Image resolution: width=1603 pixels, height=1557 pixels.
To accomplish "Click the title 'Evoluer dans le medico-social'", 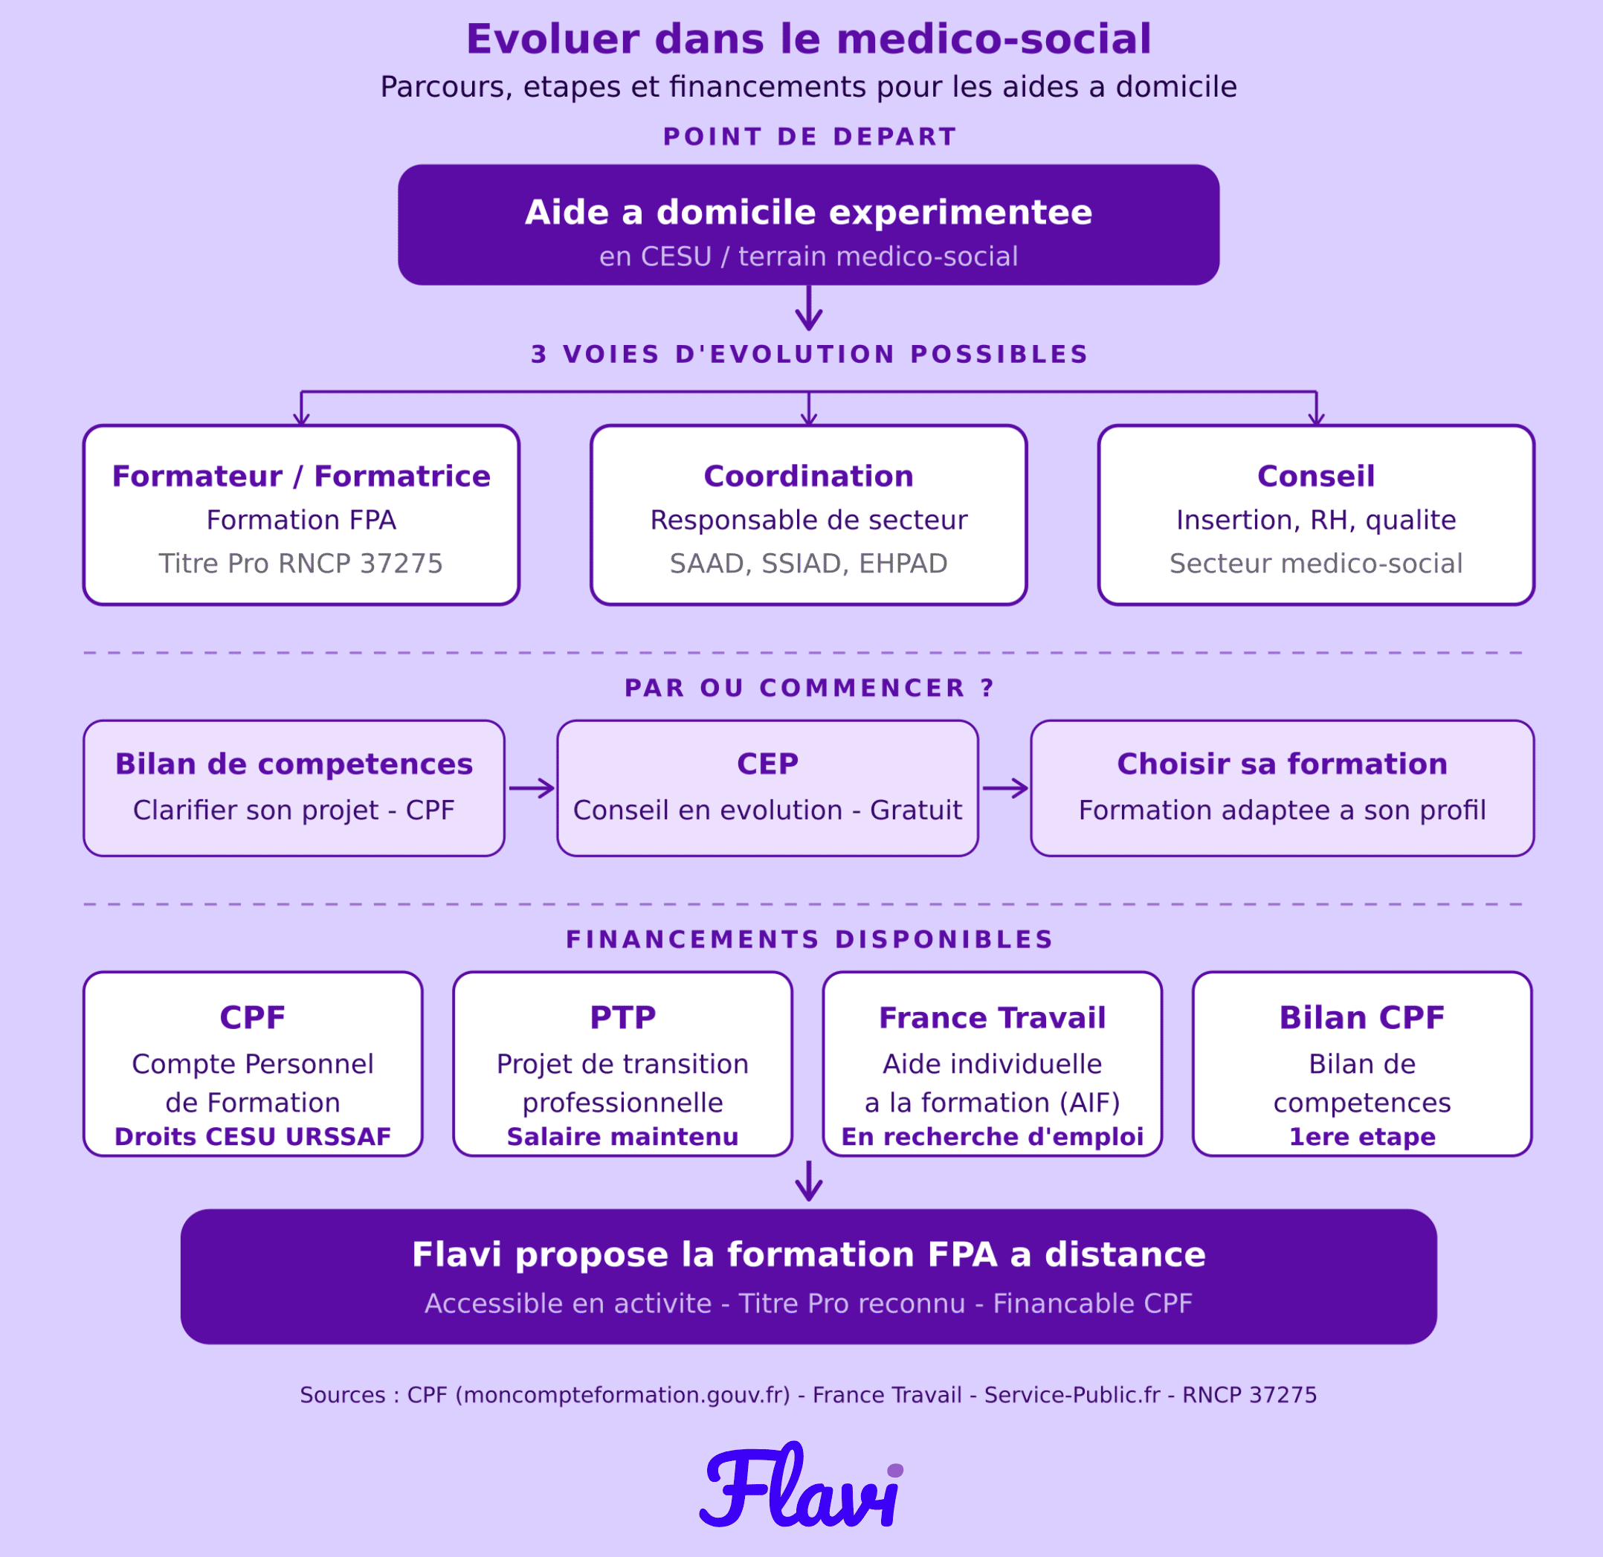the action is [808, 39].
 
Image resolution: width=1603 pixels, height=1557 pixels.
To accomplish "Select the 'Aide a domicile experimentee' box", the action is [808, 225].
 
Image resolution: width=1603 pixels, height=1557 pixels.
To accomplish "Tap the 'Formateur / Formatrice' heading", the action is [301, 476].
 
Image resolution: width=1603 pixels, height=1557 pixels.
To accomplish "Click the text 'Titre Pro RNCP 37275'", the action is [301, 564].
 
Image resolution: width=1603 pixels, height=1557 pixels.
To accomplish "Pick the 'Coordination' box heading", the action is [808, 476].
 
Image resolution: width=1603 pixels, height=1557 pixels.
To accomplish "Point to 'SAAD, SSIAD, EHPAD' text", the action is [808, 564].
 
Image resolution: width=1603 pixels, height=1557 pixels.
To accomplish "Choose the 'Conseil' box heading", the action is [1316, 476].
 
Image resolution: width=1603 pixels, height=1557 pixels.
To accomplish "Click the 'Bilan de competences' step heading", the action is [294, 764].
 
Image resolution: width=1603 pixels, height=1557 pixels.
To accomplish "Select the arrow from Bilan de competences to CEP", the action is [532, 788].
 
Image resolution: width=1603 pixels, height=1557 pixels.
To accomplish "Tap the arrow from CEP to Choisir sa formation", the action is [1005, 788].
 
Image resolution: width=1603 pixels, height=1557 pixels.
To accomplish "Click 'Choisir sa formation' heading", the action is [1283, 764].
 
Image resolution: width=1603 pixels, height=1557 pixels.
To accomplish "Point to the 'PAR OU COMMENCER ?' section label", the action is [808, 688].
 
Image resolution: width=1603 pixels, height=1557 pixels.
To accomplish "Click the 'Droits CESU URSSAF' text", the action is [253, 1137].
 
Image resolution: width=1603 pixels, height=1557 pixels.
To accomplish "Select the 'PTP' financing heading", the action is [622, 1017].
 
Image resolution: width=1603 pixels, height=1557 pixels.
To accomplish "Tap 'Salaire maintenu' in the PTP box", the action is [622, 1137].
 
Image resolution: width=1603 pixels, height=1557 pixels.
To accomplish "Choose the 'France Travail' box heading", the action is [992, 1017].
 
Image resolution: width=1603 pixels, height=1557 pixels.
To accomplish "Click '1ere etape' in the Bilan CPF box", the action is [1362, 1137].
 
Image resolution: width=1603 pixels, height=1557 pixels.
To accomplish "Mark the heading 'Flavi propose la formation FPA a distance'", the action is [808, 1254].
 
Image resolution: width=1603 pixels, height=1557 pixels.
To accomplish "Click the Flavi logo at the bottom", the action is [802, 1486].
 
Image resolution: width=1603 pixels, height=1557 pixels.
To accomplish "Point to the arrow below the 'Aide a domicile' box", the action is [808, 309].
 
